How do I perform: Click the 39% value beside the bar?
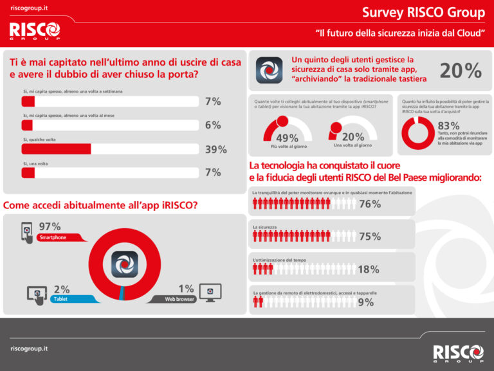coord(215,150)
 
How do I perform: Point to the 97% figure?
coord(50,227)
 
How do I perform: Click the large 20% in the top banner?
coord(461,71)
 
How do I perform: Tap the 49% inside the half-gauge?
coord(287,138)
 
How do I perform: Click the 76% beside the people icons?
coord(369,204)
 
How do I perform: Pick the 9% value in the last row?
coord(365,302)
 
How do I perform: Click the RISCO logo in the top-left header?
coord(35,30)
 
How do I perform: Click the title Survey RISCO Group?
coord(423,12)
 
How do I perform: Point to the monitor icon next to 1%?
coord(210,293)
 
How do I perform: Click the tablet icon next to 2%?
coord(37,294)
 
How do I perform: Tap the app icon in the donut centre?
coord(125,264)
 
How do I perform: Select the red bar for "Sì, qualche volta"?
coord(56,149)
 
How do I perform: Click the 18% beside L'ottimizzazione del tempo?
coord(368,269)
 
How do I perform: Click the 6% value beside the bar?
coord(213,125)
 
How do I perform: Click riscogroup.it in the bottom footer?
coord(29,348)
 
